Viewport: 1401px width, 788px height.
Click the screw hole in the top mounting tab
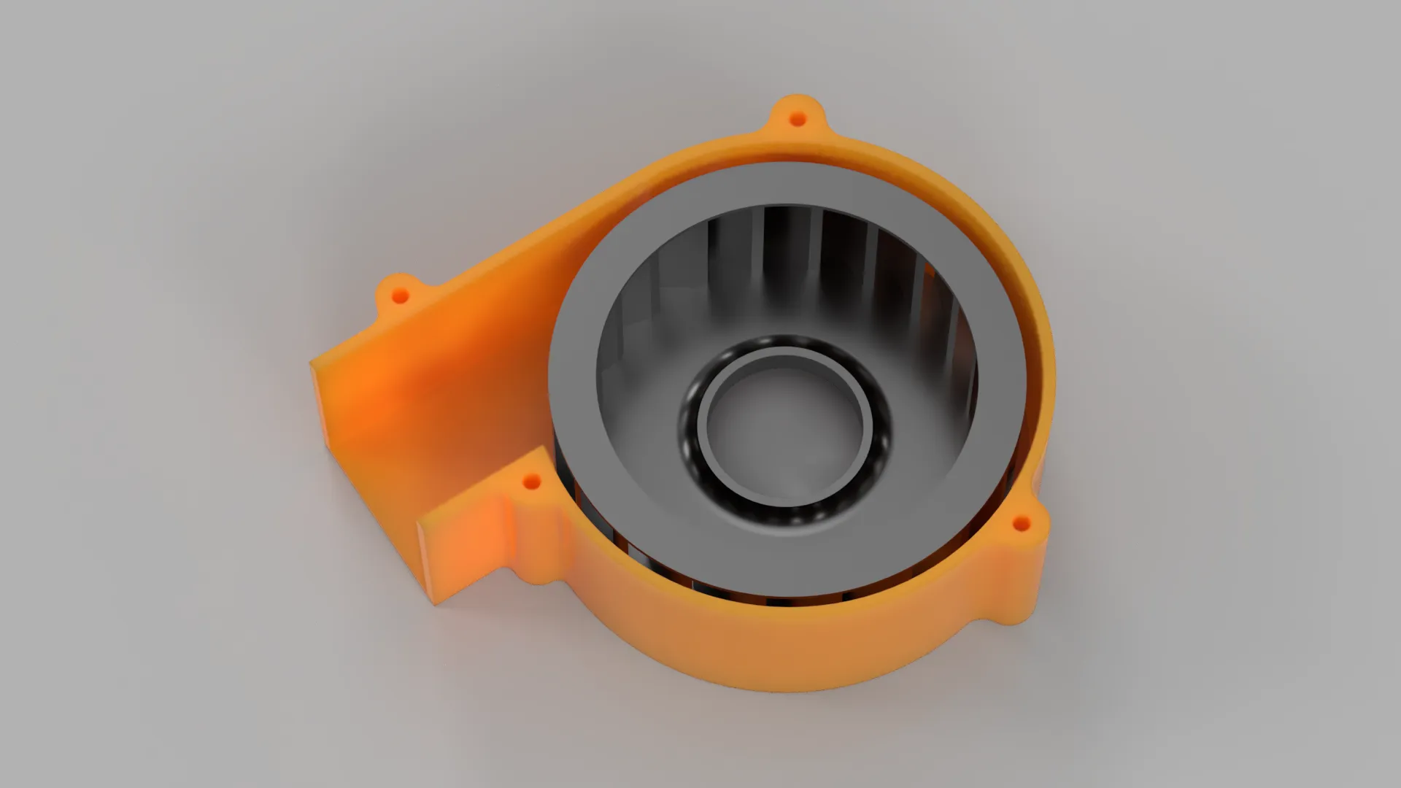(x=798, y=118)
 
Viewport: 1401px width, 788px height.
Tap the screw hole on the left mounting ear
(x=399, y=295)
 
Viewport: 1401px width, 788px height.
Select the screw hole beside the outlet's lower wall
(x=532, y=482)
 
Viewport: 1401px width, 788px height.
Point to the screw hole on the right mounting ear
(x=1022, y=523)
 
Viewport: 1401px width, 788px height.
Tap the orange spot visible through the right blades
(x=929, y=271)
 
